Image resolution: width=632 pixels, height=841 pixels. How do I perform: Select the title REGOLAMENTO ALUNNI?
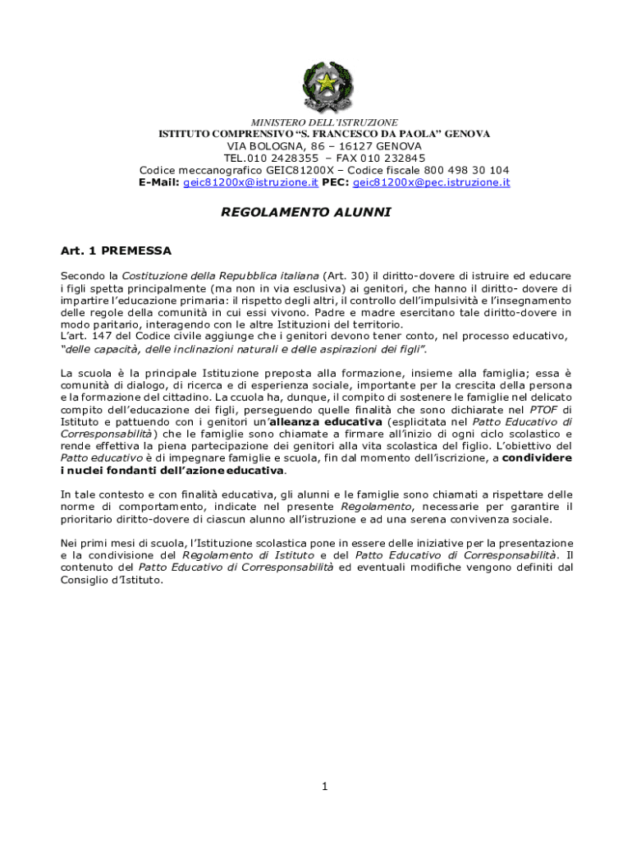(x=306, y=212)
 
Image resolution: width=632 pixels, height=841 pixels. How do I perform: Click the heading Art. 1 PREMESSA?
(x=116, y=250)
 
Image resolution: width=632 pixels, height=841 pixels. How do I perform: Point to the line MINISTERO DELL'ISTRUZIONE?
(x=324, y=122)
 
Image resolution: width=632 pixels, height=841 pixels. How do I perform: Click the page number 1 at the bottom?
(x=325, y=787)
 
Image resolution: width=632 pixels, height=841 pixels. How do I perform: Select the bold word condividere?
(x=537, y=457)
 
